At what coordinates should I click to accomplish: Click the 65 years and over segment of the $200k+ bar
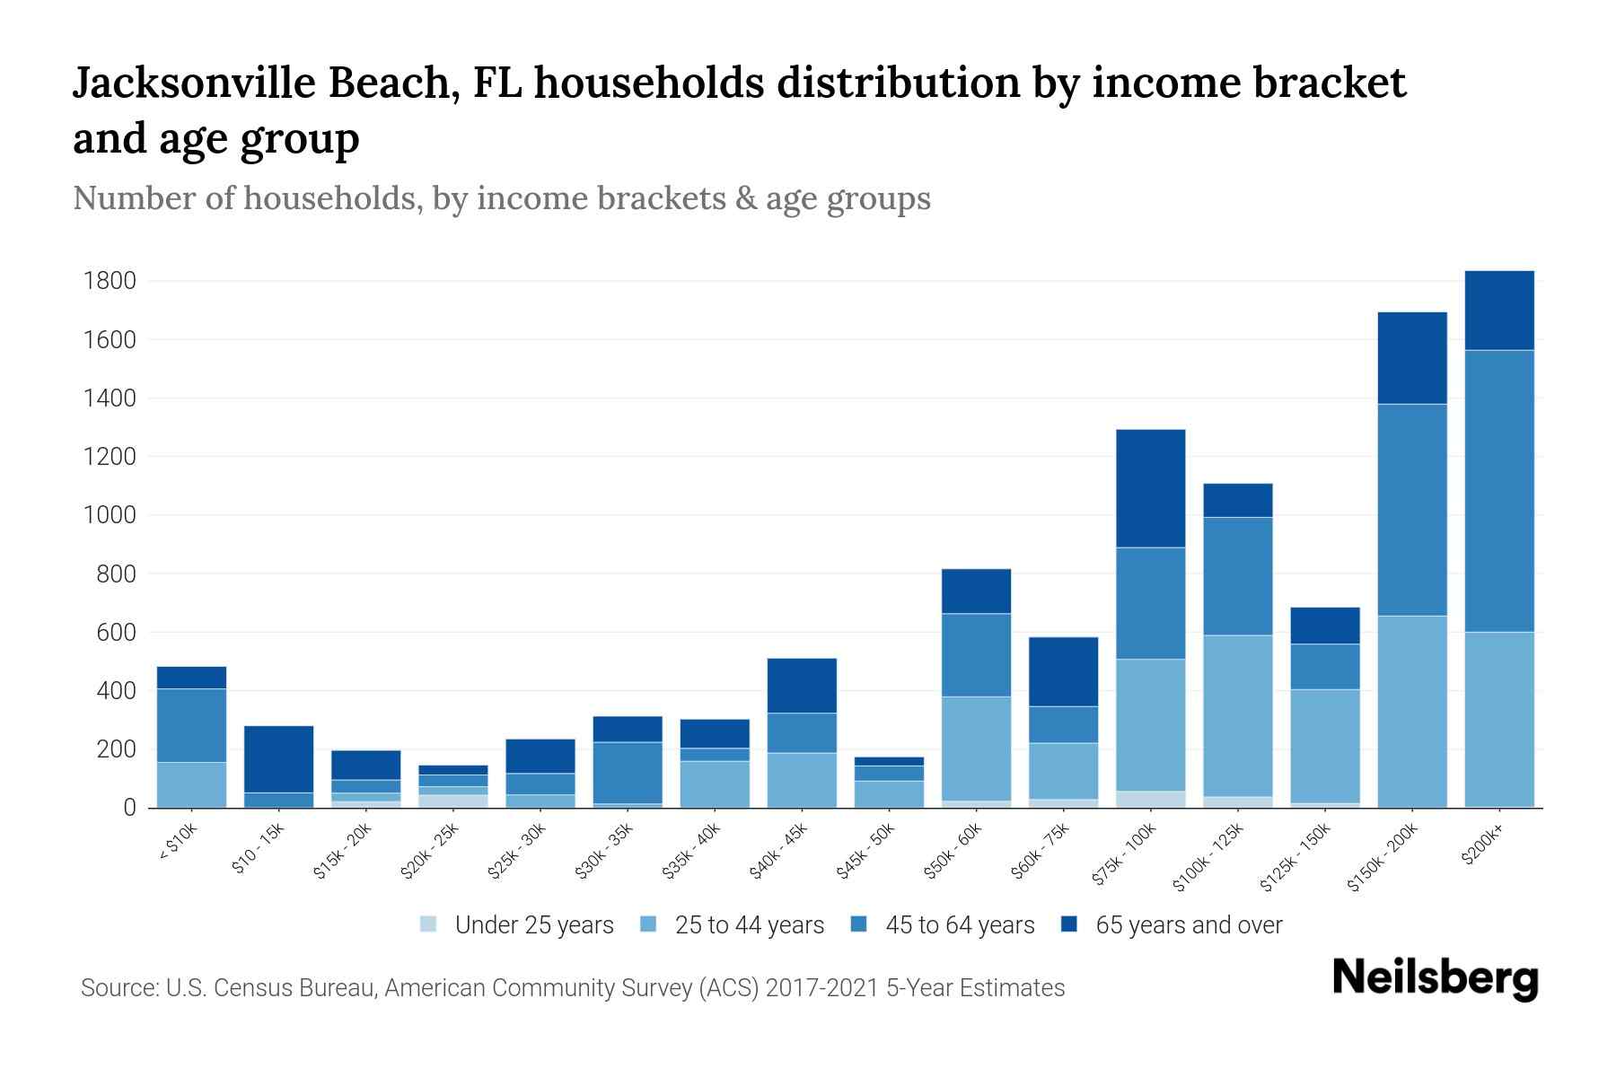pos(1499,311)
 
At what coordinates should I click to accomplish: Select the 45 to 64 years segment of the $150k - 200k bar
pos(1412,510)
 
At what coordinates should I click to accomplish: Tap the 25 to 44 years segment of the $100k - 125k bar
pos(1238,715)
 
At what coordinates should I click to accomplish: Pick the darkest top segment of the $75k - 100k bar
pos(1151,488)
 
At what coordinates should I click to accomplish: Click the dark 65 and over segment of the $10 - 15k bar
pos(278,758)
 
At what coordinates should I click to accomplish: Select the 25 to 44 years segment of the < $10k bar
pos(191,784)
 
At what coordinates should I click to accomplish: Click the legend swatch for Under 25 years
pos(429,924)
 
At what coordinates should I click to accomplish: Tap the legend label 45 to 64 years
pos(960,925)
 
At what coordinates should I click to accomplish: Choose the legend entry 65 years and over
pos(1189,925)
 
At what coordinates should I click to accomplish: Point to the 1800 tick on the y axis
pos(110,282)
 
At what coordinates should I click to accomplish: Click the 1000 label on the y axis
pos(110,516)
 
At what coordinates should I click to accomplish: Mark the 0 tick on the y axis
pos(129,809)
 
